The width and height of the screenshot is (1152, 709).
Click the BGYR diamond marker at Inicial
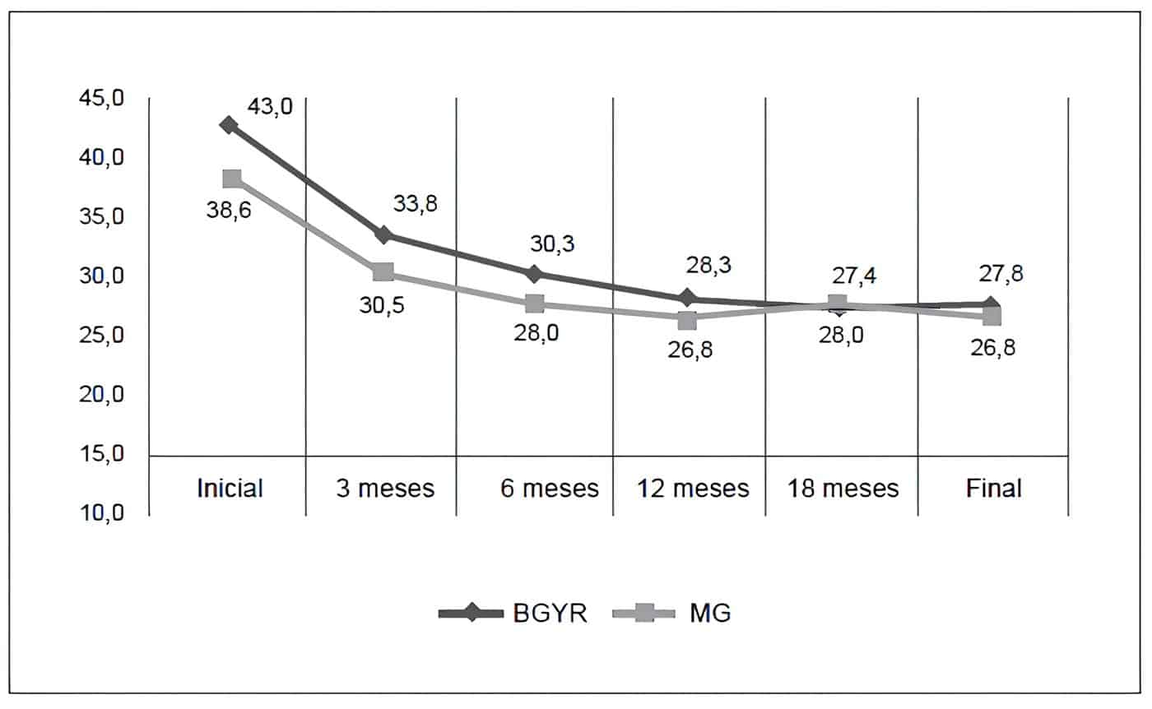coord(229,125)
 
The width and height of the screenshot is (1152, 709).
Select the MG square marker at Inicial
coord(232,178)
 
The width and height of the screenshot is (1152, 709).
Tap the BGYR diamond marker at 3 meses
coord(383,235)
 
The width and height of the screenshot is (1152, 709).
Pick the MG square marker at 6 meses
coord(535,304)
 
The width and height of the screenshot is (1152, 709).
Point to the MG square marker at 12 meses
coord(688,319)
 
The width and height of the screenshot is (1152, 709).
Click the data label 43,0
coord(270,107)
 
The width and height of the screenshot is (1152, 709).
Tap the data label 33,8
coord(416,204)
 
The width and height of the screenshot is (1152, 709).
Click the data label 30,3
coord(552,243)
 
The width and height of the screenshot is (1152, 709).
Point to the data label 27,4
coord(853,276)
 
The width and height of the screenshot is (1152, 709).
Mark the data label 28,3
coord(708,266)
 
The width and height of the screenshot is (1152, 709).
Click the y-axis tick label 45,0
coord(100,99)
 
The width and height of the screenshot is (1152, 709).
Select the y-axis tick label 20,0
coord(100,396)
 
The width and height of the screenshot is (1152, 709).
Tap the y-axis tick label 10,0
coord(100,514)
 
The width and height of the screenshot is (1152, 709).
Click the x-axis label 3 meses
coord(384,489)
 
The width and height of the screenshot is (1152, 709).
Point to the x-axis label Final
coord(993,489)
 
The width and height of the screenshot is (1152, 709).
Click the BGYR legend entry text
coord(550,614)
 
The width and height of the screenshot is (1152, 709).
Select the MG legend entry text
coord(710,614)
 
